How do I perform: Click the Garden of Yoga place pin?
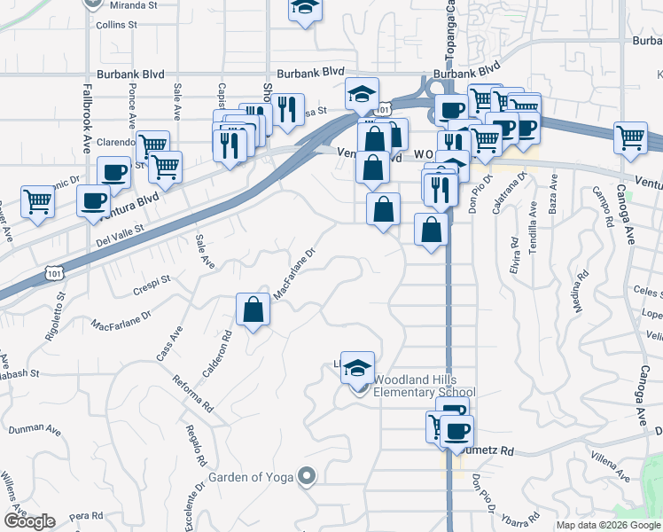point(307,477)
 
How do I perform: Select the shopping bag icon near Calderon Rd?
point(253,310)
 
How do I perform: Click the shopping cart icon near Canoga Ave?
point(630,138)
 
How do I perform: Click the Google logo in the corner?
point(29,521)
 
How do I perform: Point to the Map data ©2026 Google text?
point(608,525)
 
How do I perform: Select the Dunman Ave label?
point(35,430)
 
